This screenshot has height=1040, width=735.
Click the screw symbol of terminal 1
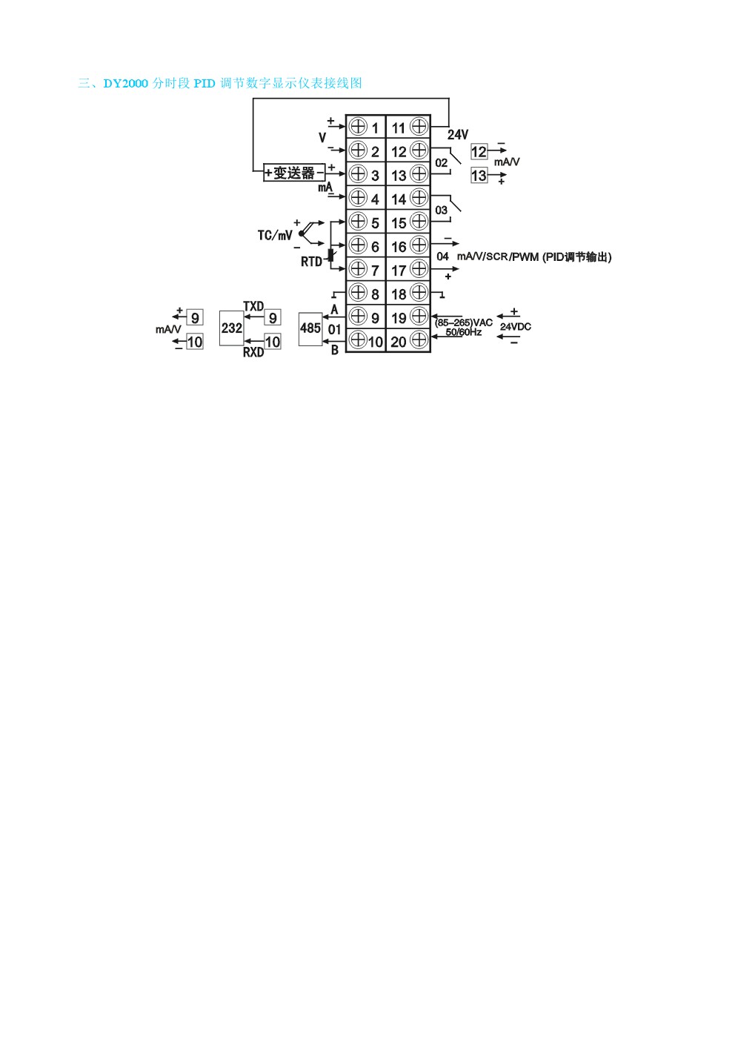tap(357, 126)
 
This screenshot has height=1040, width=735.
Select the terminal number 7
tap(375, 271)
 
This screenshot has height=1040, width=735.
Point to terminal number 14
tap(399, 199)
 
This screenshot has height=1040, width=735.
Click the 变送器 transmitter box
tap(294, 173)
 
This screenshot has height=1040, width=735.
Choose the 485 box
tap(310, 329)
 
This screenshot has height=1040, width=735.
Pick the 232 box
tap(232, 328)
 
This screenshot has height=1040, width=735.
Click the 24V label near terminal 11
tap(458, 135)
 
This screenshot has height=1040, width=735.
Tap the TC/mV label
tap(275, 236)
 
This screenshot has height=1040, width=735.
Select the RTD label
tap(311, 262)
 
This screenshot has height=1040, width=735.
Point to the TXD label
tap(253, 306)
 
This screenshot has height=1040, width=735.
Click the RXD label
tap(253, 352)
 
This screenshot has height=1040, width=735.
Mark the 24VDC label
tap(516, 327)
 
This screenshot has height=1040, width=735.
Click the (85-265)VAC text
tap(464, 322)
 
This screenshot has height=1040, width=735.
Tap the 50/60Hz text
tap(464, 332)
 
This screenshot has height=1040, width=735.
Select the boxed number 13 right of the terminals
tap(479, 176)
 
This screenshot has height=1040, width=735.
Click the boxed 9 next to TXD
tap(273, 317)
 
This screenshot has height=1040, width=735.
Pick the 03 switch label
tap(442, 211)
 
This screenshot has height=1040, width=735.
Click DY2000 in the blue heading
tap(126, 84)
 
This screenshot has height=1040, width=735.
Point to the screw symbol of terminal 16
tap(419, 245)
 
